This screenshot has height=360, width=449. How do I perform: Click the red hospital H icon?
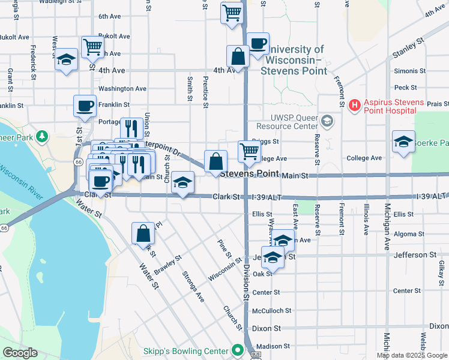tap(355, 106)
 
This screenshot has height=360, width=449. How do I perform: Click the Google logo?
tap(20, 353)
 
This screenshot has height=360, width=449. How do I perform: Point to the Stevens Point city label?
tap(249, 174)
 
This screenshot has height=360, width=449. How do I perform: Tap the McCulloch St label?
tap(271, 311)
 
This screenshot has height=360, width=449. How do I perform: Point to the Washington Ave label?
tap(122, 88)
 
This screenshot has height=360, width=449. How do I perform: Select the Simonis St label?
tap(410, 71)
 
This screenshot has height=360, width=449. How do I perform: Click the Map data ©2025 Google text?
tap(412, 355)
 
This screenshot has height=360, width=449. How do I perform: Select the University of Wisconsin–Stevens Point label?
tap(294, 60)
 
